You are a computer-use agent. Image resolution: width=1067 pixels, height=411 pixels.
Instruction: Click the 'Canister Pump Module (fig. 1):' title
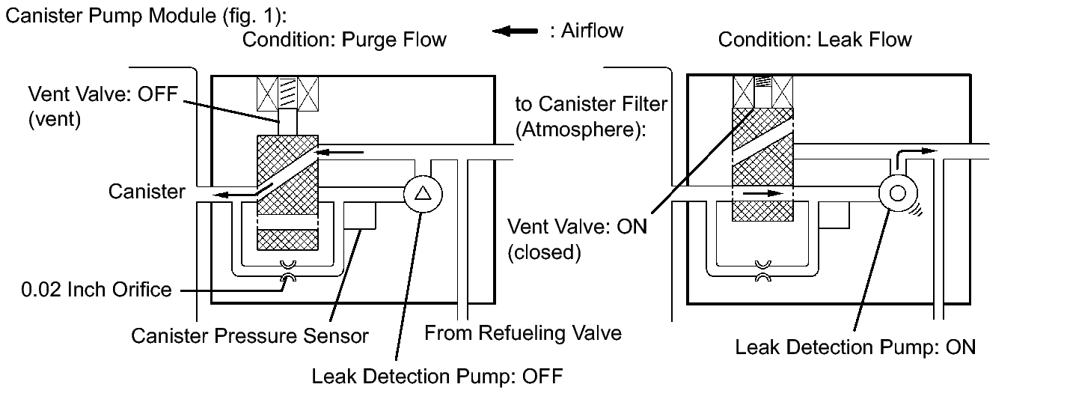[146, 16]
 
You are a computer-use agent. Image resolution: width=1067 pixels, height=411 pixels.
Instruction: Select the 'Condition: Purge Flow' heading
[344, 40]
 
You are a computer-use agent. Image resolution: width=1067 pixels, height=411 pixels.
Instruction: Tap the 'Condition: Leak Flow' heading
[815, 40]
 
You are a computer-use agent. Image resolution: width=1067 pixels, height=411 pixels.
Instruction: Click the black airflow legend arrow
[515, 31]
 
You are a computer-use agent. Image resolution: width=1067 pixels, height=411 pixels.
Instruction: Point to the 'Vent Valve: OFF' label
[103, 94]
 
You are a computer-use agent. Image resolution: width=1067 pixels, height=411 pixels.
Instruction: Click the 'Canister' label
[147, 192]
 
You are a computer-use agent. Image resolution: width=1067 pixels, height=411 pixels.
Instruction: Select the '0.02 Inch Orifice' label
[97, 290]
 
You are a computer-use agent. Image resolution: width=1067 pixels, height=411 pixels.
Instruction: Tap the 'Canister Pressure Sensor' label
[250, 335]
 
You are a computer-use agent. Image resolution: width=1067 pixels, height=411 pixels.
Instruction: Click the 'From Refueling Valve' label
[522, 333]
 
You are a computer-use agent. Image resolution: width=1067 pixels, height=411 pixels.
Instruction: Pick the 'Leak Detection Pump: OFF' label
[437, 377]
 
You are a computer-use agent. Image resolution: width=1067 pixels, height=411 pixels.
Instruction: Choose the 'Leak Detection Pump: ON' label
[855, 347]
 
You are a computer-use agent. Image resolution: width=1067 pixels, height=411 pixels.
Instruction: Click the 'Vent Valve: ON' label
[578, 227]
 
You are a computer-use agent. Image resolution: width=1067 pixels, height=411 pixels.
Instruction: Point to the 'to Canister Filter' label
[591, 104]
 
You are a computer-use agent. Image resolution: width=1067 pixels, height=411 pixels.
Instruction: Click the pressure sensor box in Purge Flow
[360, 216]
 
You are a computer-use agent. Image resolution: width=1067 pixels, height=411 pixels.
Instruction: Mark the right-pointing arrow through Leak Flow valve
[762, 194]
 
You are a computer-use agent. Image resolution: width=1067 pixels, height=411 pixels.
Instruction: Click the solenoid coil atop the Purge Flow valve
[288, 94]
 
